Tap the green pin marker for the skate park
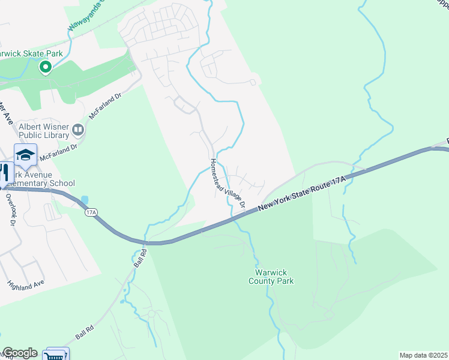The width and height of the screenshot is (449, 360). tap(45, 68)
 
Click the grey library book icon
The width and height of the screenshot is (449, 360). tap(78, 129)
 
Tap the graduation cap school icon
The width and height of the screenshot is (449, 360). tap(26, 155)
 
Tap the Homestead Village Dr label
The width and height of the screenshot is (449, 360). tap(228, 184)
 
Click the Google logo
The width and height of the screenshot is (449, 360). tap(20, 353)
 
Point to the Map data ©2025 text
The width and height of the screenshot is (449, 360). tap(423, 355)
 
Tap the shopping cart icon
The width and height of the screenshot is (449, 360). tap(56, 355)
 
